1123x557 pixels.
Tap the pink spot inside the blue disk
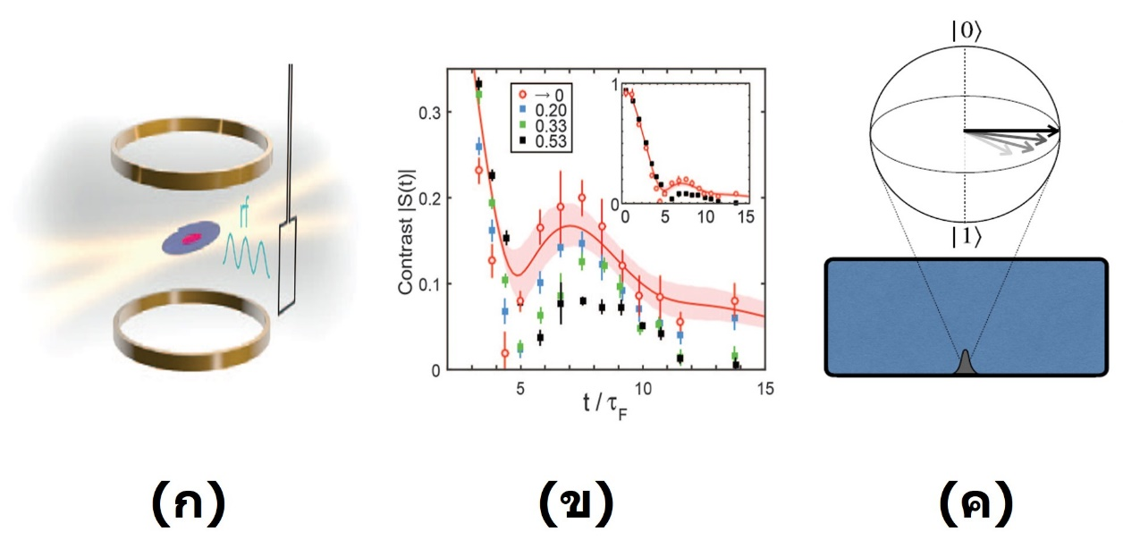[190, 240]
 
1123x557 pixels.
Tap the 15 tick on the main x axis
[764, 389]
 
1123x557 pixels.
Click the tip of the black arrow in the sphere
[1059, 131]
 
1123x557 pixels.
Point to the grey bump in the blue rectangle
[967, 363]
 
